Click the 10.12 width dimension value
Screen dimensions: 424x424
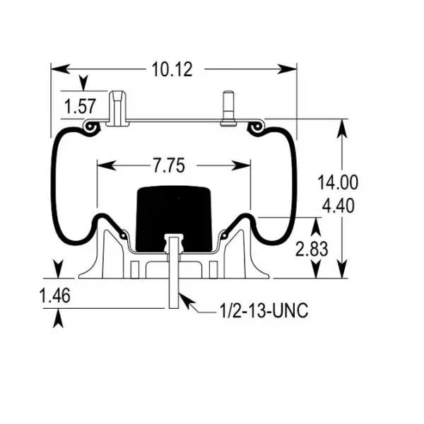click(172, 69)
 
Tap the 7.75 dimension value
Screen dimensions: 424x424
click(167, 166)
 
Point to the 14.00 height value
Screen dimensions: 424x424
click(337, 182)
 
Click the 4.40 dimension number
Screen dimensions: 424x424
click(337, 206)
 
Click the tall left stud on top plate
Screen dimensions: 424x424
click(117, 107)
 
